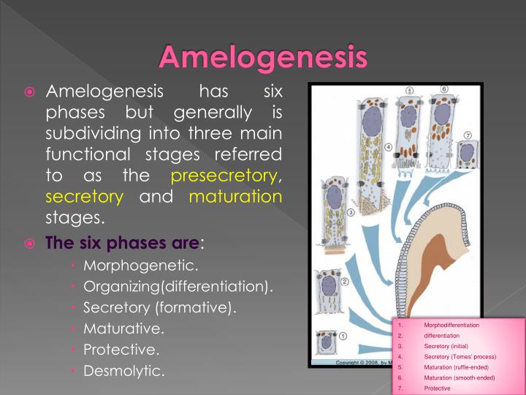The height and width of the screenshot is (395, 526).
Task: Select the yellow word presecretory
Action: [224, 176]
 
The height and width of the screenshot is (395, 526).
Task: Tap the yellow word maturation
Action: [235, 197]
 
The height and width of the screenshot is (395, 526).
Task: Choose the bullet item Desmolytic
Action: [124, 371]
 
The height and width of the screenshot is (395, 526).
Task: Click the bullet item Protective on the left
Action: [121, 350]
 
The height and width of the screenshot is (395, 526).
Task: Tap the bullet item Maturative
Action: [123, 328]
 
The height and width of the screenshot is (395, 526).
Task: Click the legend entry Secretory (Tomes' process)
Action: [460, 356]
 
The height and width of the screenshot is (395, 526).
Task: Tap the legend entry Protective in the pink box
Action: [437, 388]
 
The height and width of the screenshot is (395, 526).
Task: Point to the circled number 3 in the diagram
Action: [350, 213]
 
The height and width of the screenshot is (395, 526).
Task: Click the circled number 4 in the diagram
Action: [388, 147]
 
